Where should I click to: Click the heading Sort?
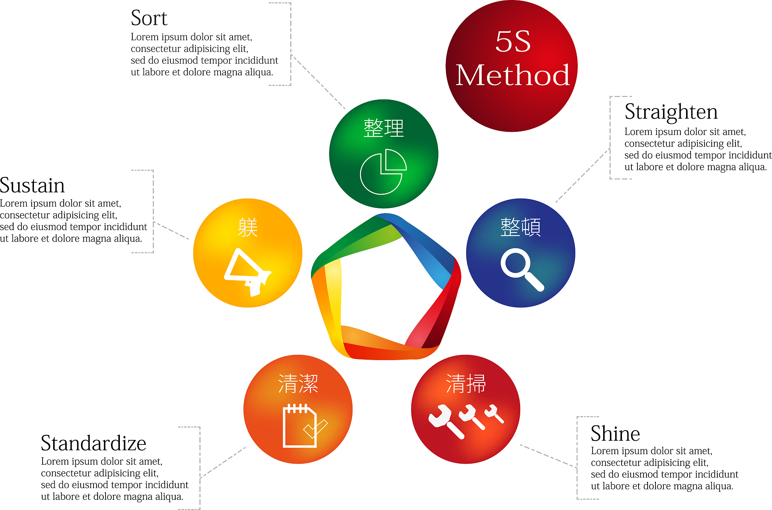click(149, 18)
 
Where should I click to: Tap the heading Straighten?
click(671, 112)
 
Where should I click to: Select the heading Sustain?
click(32, 185)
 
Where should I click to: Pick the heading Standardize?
click(93, 443)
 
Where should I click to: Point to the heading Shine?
click(615, 434)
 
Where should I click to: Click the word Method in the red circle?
click(512, 75)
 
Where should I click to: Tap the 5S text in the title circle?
click(513, 41)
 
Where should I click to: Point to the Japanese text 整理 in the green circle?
click(383, 128)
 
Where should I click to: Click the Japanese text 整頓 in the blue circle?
click(521, 227)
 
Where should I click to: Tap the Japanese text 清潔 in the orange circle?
click(298, 384)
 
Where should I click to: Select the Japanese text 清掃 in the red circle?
click(466, 384)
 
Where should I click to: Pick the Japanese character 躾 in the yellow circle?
click(248, 227)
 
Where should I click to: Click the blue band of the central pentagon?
click(426, 249)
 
